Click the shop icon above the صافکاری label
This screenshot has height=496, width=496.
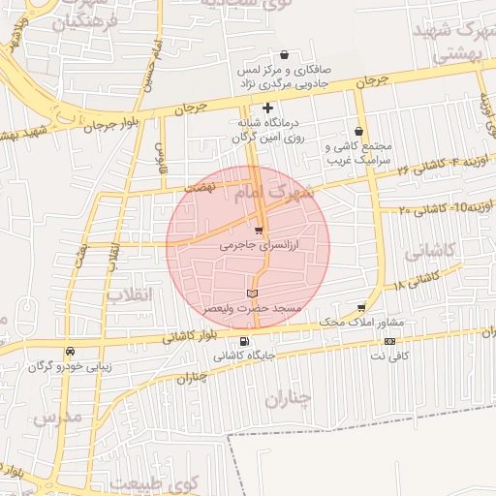click(x=283, y=54)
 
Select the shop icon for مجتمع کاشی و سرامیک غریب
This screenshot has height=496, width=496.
click(x=359, y=131)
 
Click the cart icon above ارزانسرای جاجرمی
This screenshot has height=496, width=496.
click(x=259, y=231)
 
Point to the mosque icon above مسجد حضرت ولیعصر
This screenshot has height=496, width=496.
click(x=252, y=293)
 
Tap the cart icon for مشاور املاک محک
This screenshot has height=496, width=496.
click(x=362, y=307)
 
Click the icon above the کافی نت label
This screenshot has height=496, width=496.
click(x=389, y=341)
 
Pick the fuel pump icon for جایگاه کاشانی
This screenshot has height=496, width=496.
click(x=243, y=341)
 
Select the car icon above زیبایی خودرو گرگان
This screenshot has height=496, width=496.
click(x=70, y=352)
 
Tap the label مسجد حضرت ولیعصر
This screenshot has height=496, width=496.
click(x=252, y=307)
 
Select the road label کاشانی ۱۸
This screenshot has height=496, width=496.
click(x=418, y=281)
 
